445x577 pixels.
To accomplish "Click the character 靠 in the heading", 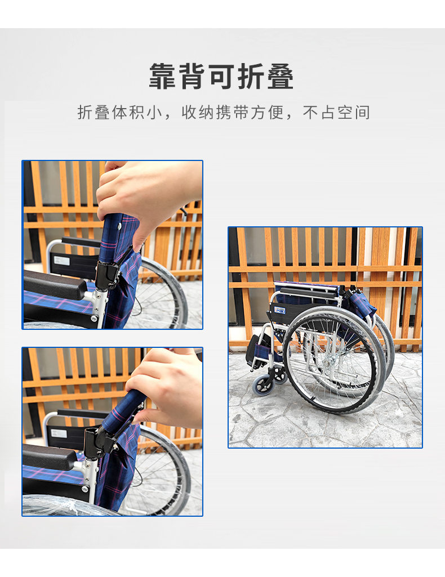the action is [162, 76].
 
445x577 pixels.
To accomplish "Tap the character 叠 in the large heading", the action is [281, 76].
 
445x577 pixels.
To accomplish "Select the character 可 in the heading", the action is [221, 76].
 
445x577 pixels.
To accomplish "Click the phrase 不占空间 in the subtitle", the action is [336, 112].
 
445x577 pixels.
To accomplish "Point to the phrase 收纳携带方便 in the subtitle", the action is [233, 112].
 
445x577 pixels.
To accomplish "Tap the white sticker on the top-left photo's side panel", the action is [61, 261].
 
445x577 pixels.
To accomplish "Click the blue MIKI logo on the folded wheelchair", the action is [280, 310].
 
